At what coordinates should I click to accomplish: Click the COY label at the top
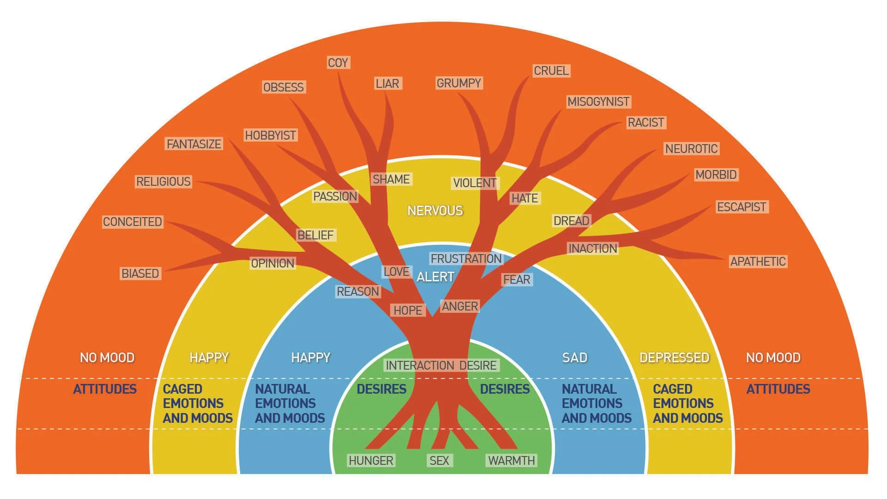(x=338, y=62)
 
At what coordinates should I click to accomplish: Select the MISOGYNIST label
(x=598, y=102)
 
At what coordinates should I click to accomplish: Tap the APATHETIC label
(x=758, y=262)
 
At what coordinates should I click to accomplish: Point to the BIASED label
(x=140, y=274)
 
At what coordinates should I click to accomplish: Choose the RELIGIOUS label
(x=163, y=182)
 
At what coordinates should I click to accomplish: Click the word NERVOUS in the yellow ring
(x=435, y=211)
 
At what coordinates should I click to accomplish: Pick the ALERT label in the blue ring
(x=435, y=277)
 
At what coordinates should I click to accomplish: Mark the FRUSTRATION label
(x=466, y=259)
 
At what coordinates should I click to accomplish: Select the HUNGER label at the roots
(x=371, y=461)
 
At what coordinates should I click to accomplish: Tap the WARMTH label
(x=511, y=461)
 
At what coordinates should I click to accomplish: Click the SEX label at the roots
(x=439, y=461)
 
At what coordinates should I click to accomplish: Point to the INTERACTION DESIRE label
(x=441, y=365)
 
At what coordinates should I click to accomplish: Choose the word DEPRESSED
(x=674, y=358)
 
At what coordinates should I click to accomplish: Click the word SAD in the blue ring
(x=575, y=358)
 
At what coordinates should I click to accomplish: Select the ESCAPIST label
(x=741, y=207)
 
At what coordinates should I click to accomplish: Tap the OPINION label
(x=273, y=263)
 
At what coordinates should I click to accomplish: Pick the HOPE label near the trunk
(x=407, y=310)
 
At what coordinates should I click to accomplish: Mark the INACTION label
(x=592, y=249)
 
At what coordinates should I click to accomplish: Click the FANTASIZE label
(x=194, y=144)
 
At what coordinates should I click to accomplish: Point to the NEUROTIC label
(x=691, y=149)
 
